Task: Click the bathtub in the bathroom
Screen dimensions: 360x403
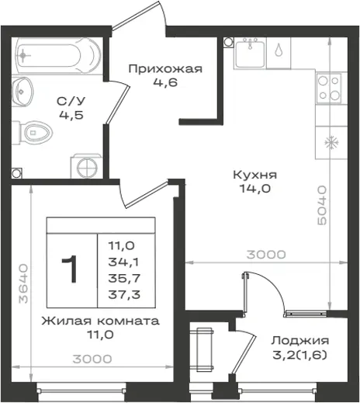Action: pyautogui.click(x=58, y=56)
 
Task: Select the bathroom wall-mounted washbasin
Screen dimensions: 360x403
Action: pyautogui.click(x=22, y=92)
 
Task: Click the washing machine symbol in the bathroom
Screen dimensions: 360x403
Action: pyautogui.click(x=86, y=166)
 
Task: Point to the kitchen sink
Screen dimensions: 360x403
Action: pyautogui.click(x=250, y=54)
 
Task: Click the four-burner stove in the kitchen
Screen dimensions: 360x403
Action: pyautogui.click(x=329, y=89)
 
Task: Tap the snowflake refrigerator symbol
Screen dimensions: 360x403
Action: pyautogui.click(x=331, y=143)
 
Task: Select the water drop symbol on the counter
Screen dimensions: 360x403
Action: pyautogui.click(x=279, y=50)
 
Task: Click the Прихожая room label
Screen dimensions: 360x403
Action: pyautogui.click(x=165, y=69)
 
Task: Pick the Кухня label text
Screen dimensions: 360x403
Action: pyautogui.click(x=255, y=175)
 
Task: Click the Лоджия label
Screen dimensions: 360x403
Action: pyautogui.click(x=300, y=341)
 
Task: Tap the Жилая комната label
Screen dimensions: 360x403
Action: pyautogui.click(x=100, y=321)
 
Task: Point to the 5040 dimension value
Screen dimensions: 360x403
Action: pyautogui.click(x=322, y=205)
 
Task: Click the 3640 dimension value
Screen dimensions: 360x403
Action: pyautogui.click(x=23, y=283)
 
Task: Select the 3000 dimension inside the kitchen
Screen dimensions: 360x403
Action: pyautogui.click(x=266, y=255)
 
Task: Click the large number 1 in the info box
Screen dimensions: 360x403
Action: pyautogui.click(x=70, y=269)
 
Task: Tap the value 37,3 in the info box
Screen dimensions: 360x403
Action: pyautogui.click(x=124, y=294)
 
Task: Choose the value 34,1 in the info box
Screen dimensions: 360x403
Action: pyautogui.click(x=123, y=262)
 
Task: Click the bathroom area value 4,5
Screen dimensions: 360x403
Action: pyautogui.click(x=71, y=115)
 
